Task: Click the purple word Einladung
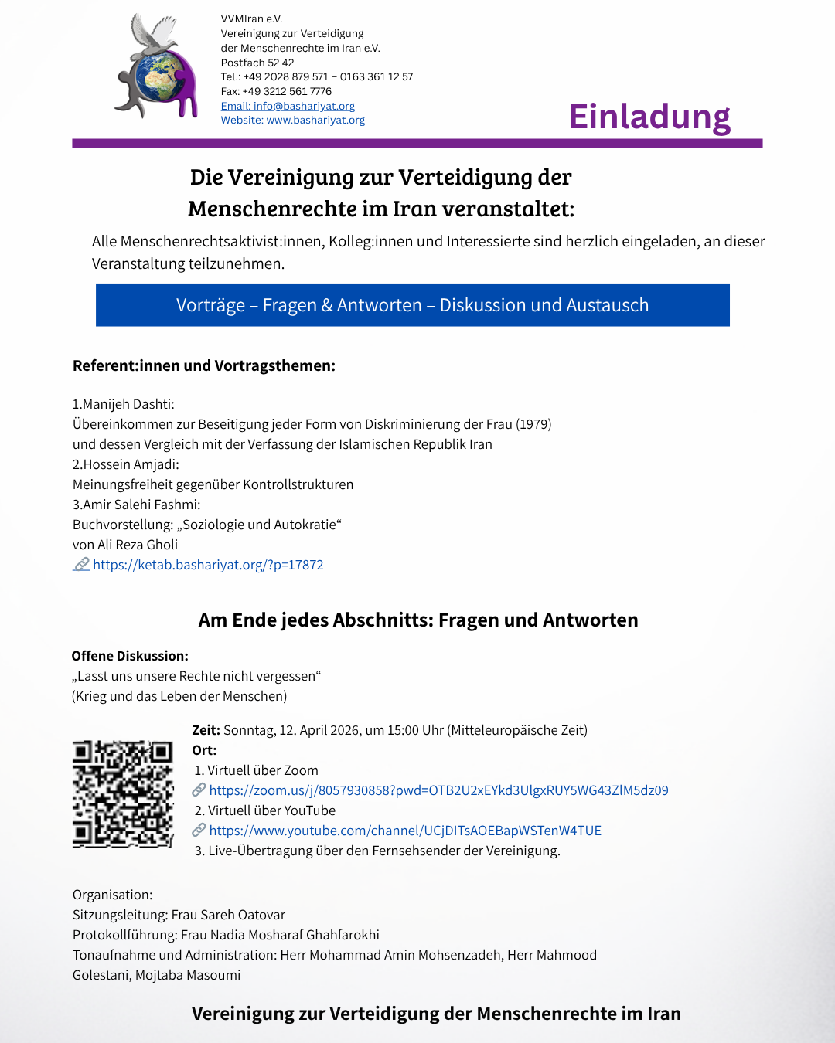(x=649, y=117)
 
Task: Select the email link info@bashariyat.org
(x=288, y=106)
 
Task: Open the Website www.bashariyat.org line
(x=292, y=121)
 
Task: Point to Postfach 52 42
(x=257, y=63)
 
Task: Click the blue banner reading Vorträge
(x=412, y=305)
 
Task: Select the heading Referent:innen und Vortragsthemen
(x=204, y=365)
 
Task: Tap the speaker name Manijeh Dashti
(x=128, y=404)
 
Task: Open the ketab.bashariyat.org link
(x=208, y=565)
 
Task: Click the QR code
(x=123, y=794)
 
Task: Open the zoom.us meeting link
(x=438, y=790)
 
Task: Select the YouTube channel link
(x=405, y=831)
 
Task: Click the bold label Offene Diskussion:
(x=130, y=656)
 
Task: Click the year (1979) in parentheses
(x=533, y=424)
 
